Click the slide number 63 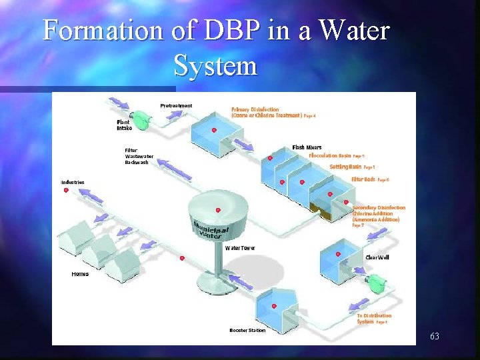click(x=434, y=336)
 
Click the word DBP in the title click(x=227, y=31)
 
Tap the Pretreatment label click(x=176, y=105)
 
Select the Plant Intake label click(x=124, y=124)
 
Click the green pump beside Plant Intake click(x=143, y=119)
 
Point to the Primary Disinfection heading click(x=255, y=109)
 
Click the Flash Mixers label click(x=307, y=147)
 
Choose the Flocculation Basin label click(x=329, y=155)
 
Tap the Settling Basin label click(x=345, y=167)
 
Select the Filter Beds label click(x=363, y=179)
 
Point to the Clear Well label click(x=376, y=258)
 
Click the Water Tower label click(x=240, y=248)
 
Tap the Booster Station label click(x=247, y=330)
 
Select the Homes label click(x=80, y=274)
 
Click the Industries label click(x=73, y=182)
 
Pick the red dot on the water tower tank click(x=218, y=211)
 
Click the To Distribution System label click(x=373, y=319)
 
